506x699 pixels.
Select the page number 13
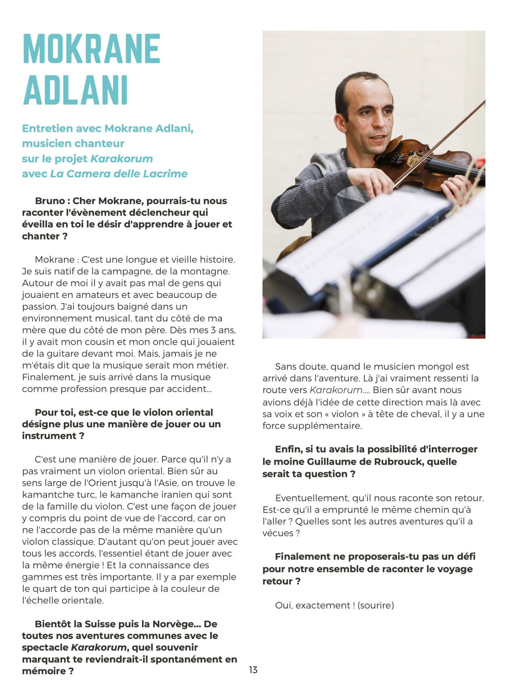click(253, 670)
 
